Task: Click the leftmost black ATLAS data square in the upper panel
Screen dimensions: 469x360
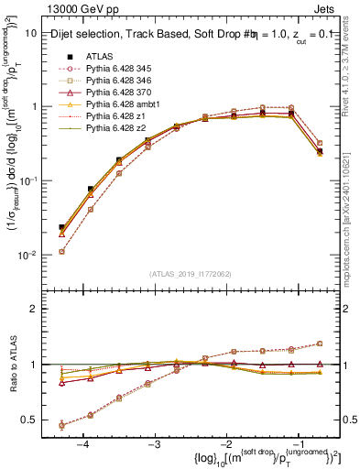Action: click(x=61, y=227)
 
